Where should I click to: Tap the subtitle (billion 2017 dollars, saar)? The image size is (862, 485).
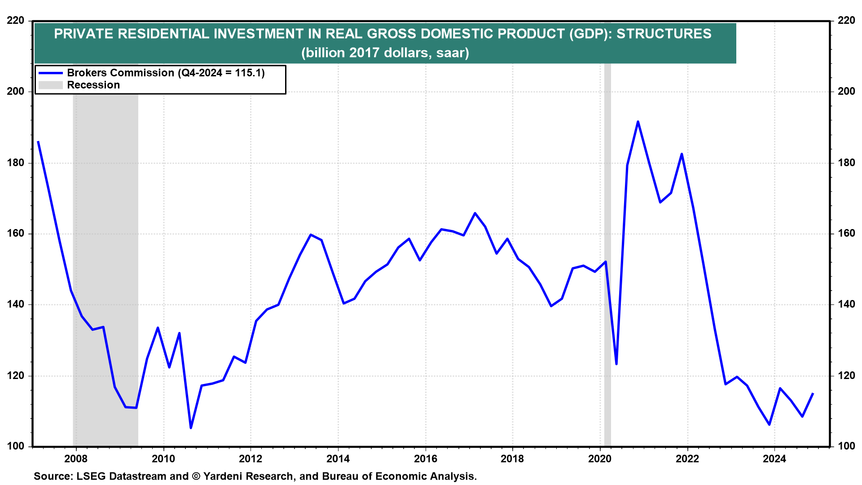(385, 53)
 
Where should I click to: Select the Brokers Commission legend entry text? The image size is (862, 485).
(166, 73)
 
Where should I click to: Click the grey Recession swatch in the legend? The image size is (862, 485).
(50, 85)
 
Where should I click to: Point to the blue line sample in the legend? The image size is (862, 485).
(50, 73)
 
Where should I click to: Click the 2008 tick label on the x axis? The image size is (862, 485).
(75, 459)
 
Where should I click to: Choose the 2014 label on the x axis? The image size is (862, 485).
(338, 459)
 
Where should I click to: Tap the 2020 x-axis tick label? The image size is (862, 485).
(600, 459)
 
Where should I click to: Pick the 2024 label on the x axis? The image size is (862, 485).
(774, 459)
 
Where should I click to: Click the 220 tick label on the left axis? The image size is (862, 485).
(16, 21)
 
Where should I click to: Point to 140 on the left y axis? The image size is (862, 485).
(16, 304)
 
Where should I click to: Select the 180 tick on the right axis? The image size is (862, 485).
(846, 163)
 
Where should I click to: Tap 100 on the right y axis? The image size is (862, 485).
(846, 446)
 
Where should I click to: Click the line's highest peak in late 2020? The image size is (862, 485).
(638, 122)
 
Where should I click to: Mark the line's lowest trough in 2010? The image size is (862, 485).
(191, 428)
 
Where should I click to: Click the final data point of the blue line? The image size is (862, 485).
(813, 393)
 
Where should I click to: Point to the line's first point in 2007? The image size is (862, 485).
(38, 142)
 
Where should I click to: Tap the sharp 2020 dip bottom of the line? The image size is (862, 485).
(616, 364)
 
